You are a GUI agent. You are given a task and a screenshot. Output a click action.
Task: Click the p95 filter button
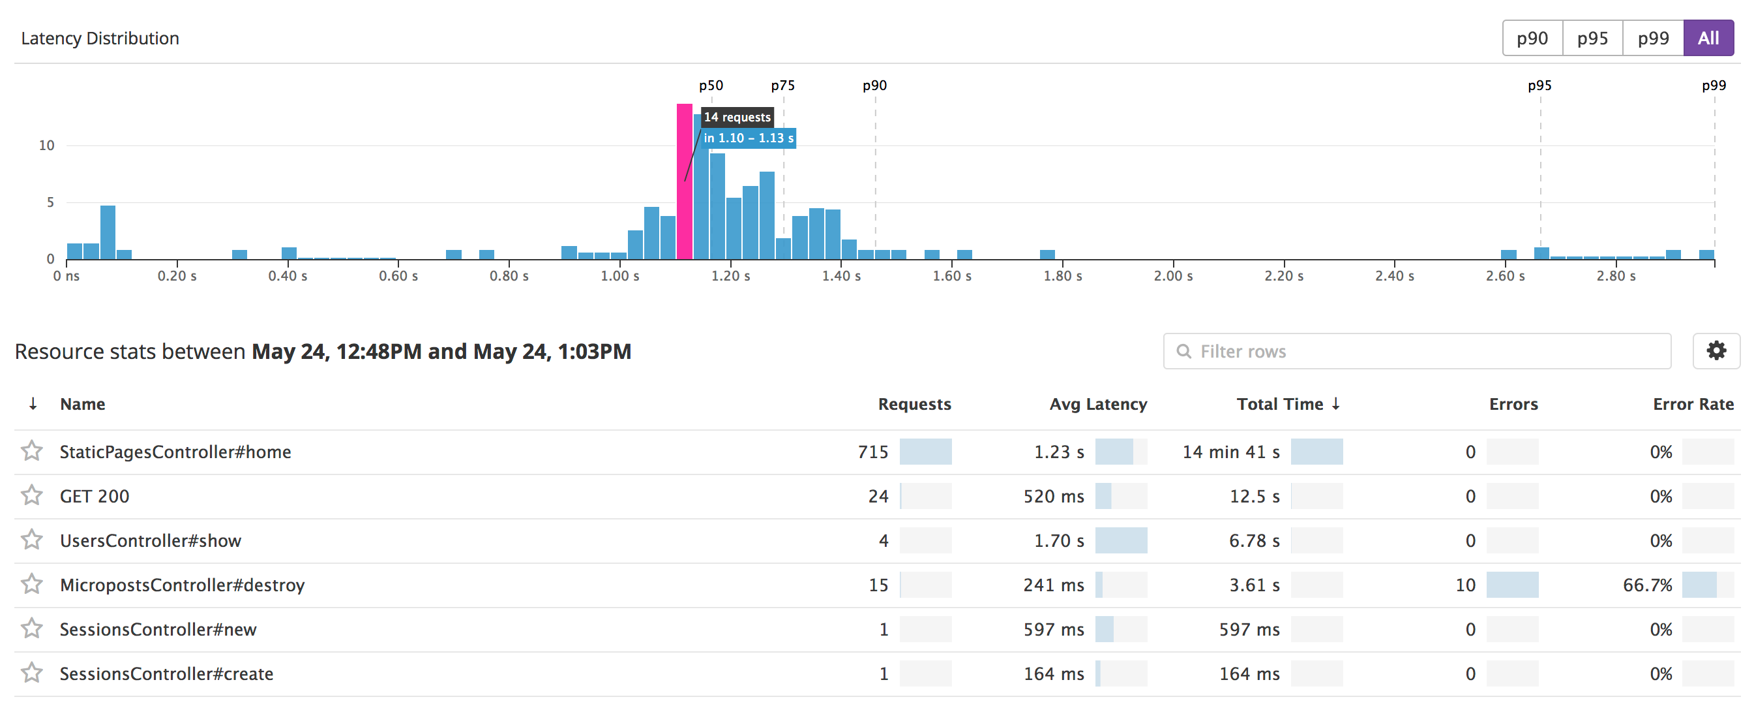pos(1593,38)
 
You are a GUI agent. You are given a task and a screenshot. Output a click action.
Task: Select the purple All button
pos(1708,38)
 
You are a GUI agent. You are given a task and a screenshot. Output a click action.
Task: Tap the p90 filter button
pos(1533,38)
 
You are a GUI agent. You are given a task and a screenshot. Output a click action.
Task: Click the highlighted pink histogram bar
pos(684,181)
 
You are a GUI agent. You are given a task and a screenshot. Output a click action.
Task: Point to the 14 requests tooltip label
pos(737,117)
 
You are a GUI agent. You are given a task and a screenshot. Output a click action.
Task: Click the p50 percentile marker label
pos(711,86)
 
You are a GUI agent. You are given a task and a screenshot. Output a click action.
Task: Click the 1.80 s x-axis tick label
pos(1063,276)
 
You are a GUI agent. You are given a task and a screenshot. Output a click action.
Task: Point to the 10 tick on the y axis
pos(46,145)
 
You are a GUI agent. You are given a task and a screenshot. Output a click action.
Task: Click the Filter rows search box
pos(1417,351)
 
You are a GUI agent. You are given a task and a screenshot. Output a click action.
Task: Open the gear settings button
pos(1717,351)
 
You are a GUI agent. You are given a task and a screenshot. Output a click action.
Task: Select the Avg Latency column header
pos(1098,404)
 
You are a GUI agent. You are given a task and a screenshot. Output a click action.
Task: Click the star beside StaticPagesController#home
pos(31,451)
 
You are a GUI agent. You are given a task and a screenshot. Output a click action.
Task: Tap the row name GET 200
pos(95,496)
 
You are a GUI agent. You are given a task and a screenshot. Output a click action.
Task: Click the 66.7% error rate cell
pos(1647,585)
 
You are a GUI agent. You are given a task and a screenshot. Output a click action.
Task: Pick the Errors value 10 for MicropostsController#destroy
pos(1465,585)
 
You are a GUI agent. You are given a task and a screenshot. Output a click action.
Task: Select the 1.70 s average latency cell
pos(1059,540)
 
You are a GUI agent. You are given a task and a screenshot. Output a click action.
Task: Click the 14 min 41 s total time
pos(1231,452)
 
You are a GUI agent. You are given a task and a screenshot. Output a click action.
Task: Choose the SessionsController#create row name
pos(167,674)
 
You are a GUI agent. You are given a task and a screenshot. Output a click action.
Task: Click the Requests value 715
pos(873,452)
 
